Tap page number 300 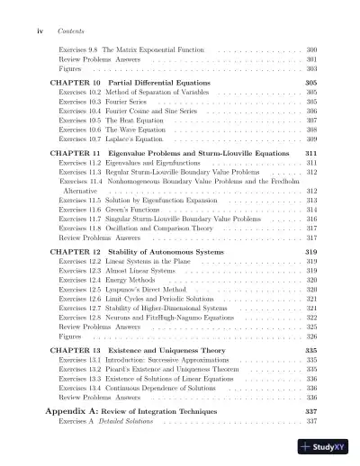coord(311,49)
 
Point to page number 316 coord(311,219)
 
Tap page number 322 coord(311,318)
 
